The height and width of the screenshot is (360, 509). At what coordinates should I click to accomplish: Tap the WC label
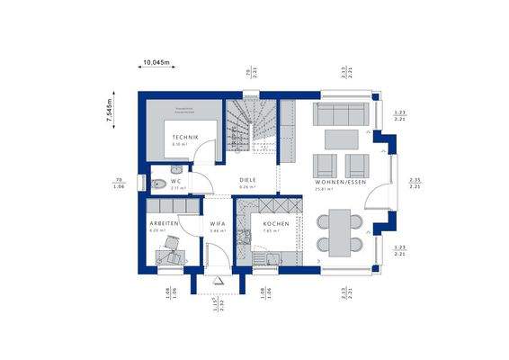tap(176, 180)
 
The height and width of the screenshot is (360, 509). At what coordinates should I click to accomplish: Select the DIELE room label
tap(248, 180)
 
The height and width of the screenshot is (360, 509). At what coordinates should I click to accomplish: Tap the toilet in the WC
tap(158, 184)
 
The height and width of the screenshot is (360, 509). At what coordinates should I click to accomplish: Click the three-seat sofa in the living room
tap(341, 115)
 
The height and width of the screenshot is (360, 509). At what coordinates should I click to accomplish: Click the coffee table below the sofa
tap(340, 139)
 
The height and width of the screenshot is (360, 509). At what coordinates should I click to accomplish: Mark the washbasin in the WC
tap(177, 168)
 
